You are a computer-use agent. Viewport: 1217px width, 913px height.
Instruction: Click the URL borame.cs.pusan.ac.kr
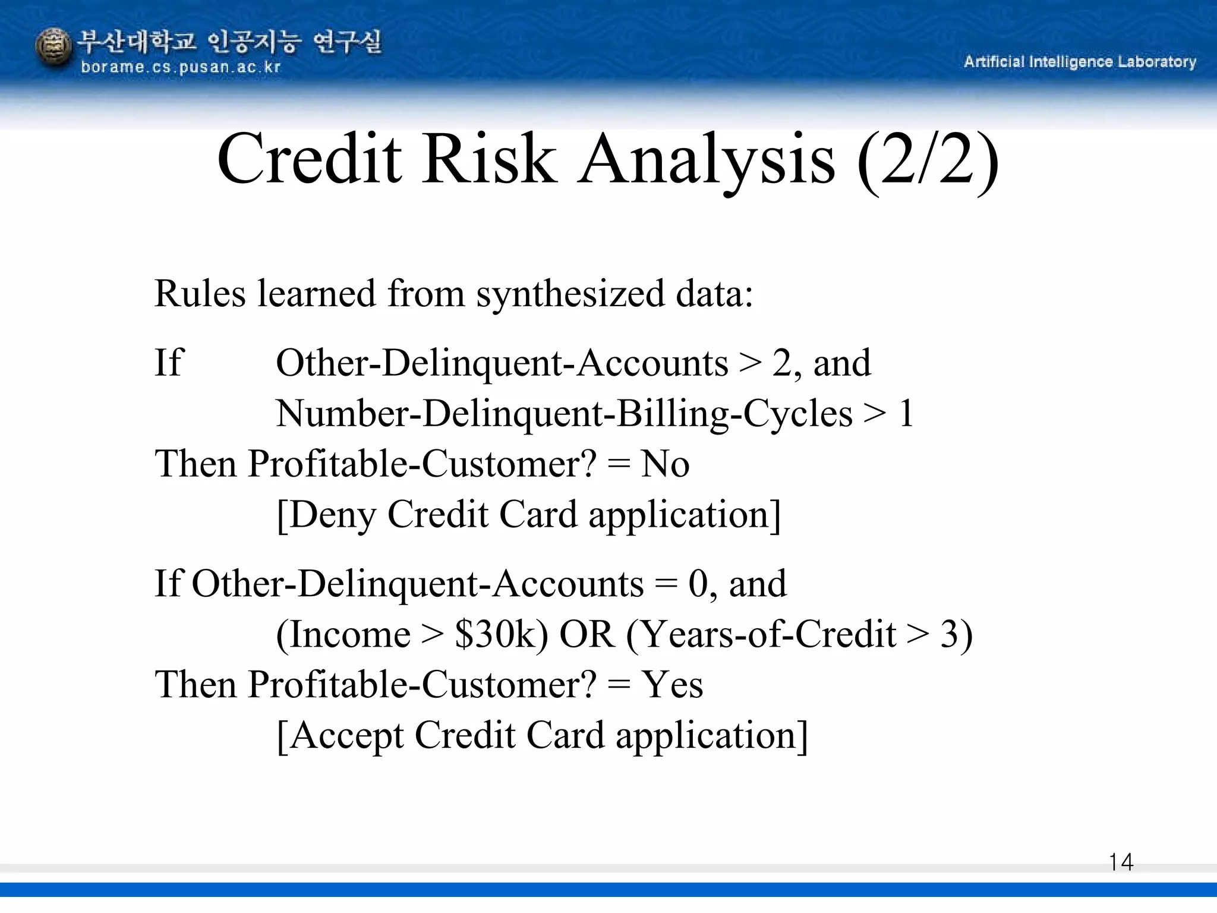tap(181, 67)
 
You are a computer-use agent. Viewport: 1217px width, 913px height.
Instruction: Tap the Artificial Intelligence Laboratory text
tap(1080, 62)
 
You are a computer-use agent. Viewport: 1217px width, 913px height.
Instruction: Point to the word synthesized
tap(570, 294)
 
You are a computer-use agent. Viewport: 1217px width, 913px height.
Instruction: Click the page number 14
tap(1121, 862)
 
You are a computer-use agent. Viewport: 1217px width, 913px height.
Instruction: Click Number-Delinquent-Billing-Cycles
tap(564, 414)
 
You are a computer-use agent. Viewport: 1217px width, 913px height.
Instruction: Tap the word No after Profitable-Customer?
tap(665, 464)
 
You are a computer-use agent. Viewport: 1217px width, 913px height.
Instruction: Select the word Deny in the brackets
tap(333, 515)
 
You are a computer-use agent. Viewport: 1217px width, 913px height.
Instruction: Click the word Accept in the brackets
tap(346, 736)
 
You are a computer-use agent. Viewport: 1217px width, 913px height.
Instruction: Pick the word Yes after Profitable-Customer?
tap(672, 685)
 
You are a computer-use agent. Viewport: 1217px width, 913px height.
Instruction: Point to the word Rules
tap(200, 294)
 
